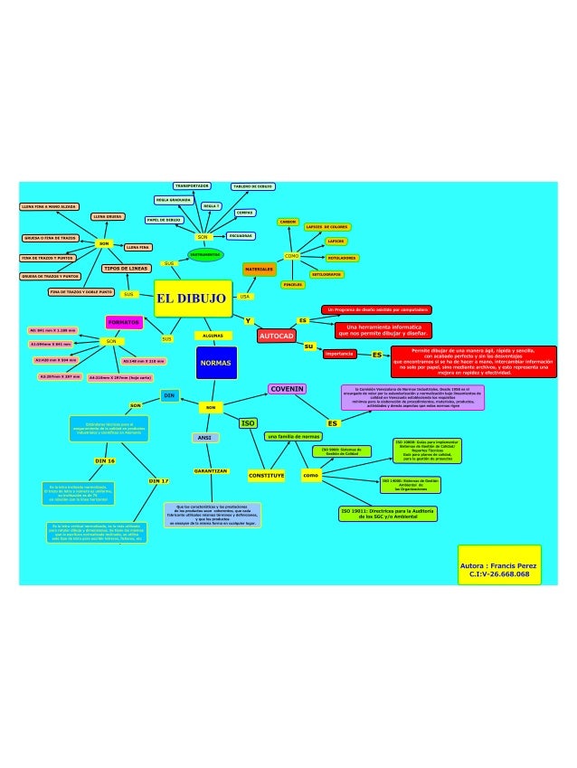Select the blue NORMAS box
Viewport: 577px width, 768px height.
[x=215, y=363]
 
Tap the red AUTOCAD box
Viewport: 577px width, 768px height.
[x=277, y=336]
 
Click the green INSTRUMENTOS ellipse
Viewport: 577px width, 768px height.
[x=204, y=255]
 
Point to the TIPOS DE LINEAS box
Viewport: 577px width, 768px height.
[x=126, y=269]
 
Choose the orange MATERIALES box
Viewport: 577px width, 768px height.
[x=259, y=270]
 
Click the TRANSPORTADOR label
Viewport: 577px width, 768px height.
[x=192, y=185]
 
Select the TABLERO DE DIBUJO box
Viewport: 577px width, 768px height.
[x=253, y=185]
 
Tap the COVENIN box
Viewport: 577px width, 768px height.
[x=287, y=388]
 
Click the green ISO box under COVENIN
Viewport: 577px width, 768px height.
[x=247, y=422]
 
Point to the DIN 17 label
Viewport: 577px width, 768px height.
[x=159, y=480]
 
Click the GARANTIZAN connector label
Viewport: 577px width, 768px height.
[x=210, y=471]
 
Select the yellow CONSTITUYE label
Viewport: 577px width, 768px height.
[x=267, y=475]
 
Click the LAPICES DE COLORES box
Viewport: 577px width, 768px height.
[x=327, y=226]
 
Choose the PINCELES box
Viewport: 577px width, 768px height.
[x=292, y=284]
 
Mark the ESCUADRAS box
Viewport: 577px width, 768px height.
[x=241, y=235]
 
